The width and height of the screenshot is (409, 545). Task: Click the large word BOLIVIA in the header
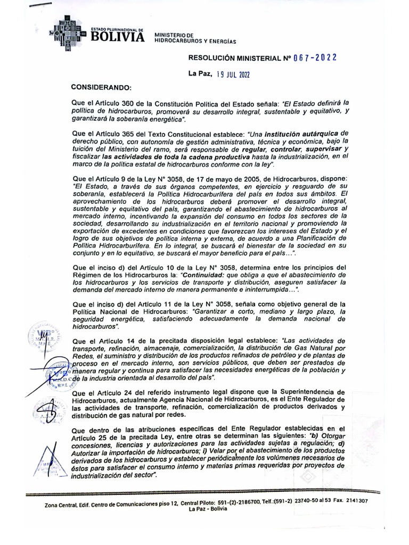click(x=118, y=37)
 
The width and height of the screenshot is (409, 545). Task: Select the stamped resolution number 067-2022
click(x=315, y=57)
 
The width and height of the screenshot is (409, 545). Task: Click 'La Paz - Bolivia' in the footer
click(x=208, y=509)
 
